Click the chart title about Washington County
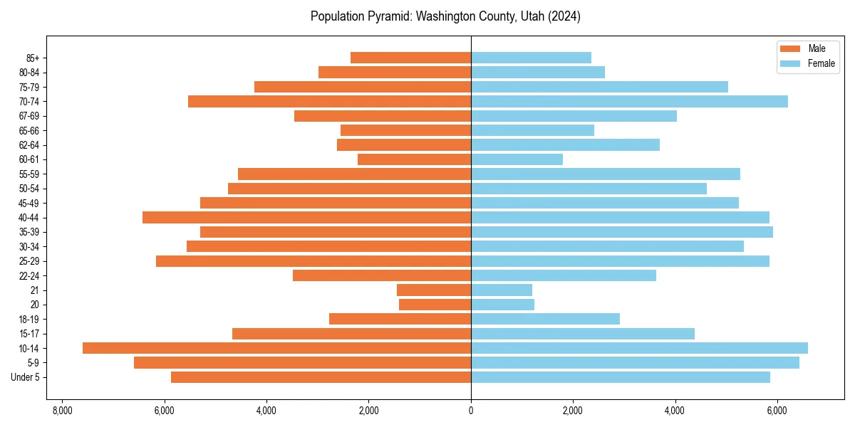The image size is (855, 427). point(445,16)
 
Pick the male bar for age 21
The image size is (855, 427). point(434,290)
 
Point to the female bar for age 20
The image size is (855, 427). point(502,305)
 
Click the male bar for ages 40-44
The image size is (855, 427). point(306,218)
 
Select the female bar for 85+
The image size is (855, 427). point(531,58)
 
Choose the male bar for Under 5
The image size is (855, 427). point(321,377)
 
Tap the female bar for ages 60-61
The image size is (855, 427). point(517,159)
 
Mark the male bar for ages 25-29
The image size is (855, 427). point(313,261)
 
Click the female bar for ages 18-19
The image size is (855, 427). point(545,319)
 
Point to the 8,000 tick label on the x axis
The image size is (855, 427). point(62,411)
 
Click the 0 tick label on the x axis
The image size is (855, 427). point(471,411)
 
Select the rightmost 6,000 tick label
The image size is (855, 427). point(777,411)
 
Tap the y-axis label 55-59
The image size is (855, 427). point(28,174)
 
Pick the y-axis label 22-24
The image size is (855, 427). point(28,275)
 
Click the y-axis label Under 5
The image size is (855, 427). point(25,377)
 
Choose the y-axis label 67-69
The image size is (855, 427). point(28,116)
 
